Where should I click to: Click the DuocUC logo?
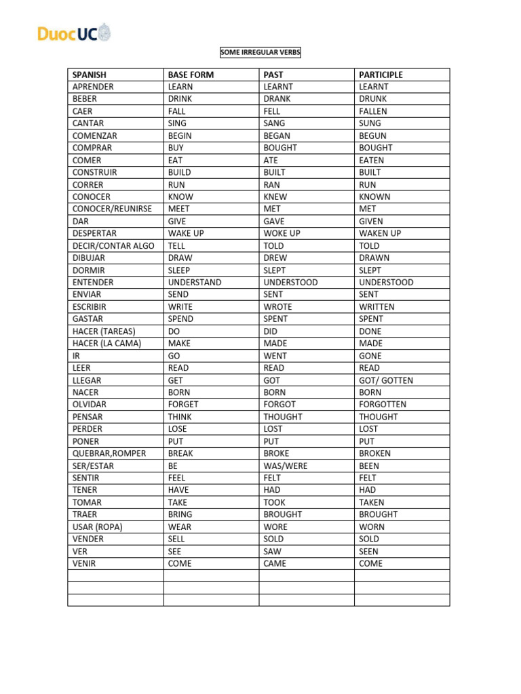[73, 33]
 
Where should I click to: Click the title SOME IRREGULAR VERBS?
[260, 52]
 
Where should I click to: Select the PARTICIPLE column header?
[381, 75]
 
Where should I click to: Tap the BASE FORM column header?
[191, 75]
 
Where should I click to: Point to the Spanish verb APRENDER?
[93, 87]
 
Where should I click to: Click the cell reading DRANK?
[277, 99]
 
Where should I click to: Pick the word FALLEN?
[373, 111]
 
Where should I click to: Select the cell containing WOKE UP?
[282, 233]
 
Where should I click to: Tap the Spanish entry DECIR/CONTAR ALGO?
[113, 245]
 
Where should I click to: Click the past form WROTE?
[278, 306]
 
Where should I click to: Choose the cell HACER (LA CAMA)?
[107, 344]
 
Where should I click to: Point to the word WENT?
[275, 356]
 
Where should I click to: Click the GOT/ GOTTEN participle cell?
[386, 380]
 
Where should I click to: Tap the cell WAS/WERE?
[286, 466]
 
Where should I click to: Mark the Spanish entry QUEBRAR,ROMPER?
[109, 453]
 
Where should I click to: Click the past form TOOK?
[274, 502]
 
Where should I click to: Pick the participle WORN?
[372, 527]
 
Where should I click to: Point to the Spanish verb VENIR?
[84, 563]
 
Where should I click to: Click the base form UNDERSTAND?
[195, 282]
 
